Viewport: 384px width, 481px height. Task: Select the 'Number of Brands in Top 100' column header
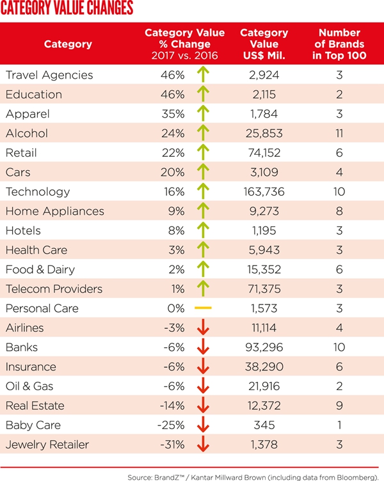pyautogui.click(x=339, y=44)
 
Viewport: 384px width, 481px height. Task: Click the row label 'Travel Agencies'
pyautogui.click(x=49, y=75)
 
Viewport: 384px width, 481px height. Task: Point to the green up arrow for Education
pyautogui.click(x=204, y=95)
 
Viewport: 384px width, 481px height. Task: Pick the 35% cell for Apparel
pyautogui.click(x=173, y=114)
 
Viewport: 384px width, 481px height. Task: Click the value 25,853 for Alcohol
pyautogui.click(x=262, y=134)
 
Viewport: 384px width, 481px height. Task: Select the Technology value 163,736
pyautogui.click(x=262, y=192)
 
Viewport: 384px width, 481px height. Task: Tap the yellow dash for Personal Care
pyautogui.click(x=203, y=308)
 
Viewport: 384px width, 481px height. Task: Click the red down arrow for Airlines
pyautogui.click(x=204, y=328)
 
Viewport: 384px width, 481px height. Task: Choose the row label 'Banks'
pyautogui.click(x=22, y=347)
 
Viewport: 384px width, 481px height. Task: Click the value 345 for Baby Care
pyautogui.click(x=262, y=425)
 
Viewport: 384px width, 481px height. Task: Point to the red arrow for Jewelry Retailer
pyautogui.click(x=204, y=445)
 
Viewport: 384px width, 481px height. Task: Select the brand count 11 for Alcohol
pyautogui.click(x=339, y=134)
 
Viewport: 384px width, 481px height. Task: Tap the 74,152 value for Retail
pyautogui.click(x=262, y=153)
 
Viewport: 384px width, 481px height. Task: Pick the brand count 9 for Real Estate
pyautogui.click(x=339, y=406)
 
